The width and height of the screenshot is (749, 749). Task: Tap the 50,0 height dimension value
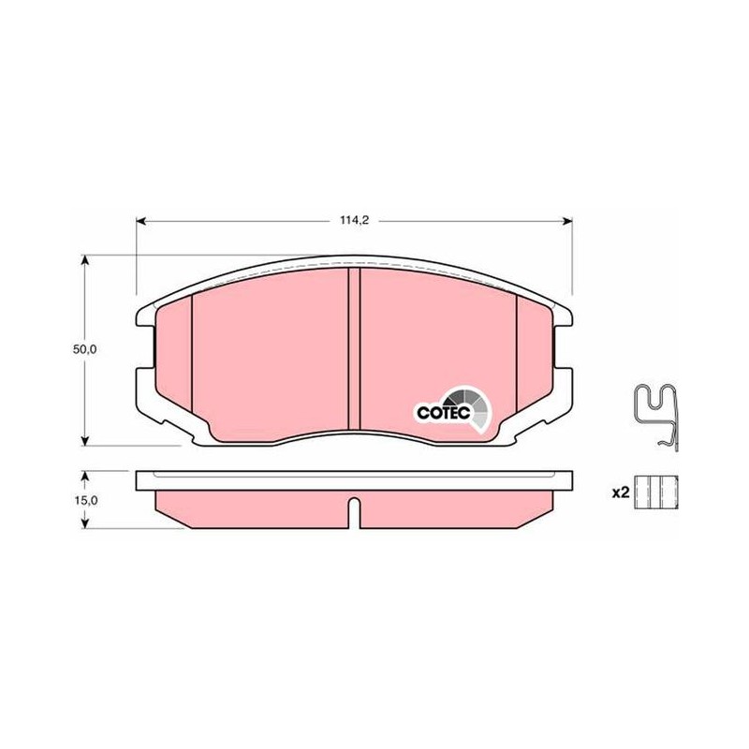pos(84,349)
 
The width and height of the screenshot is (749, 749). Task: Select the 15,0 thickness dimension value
pos(85,500)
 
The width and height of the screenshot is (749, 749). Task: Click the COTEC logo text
pos(444,413)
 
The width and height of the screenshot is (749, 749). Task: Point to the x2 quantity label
pos(621,493)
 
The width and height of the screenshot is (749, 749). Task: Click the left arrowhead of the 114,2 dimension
pos(141,220)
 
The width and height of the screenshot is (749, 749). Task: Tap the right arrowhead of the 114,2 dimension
pos(567,220)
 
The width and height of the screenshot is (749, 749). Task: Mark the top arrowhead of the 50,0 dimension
pos(85,260)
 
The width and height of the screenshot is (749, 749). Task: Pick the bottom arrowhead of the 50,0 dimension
pos(85,441)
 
